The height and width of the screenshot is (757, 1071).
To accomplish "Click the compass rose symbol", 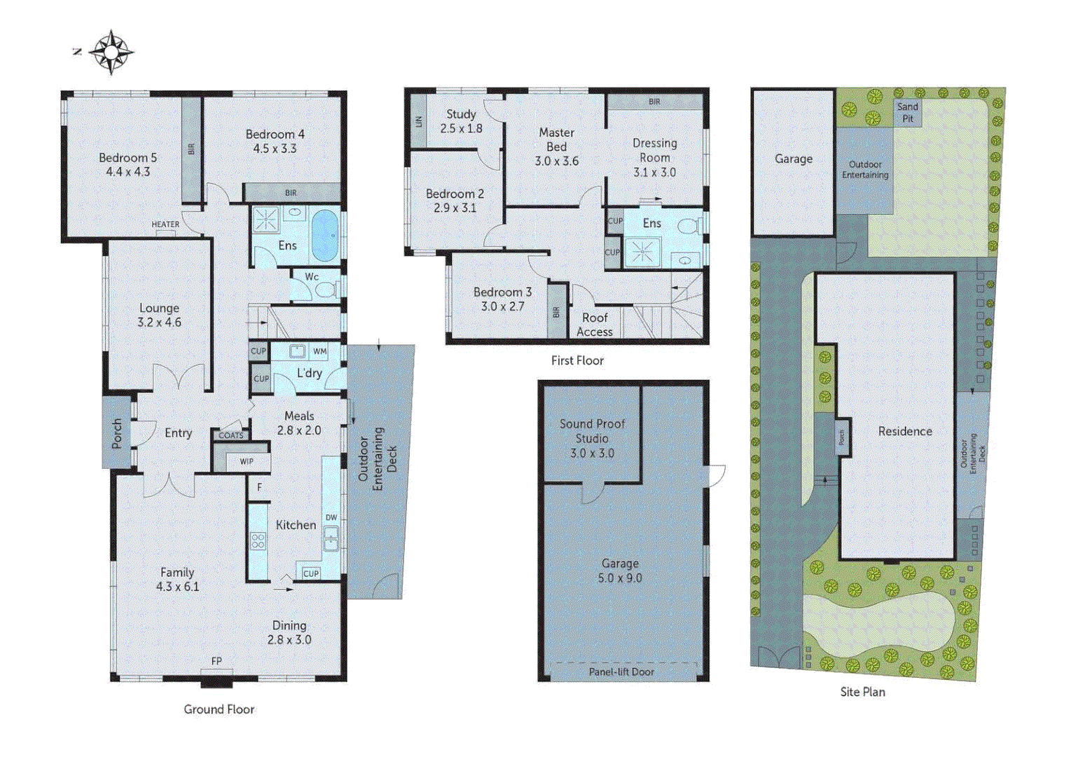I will tap(111, 52).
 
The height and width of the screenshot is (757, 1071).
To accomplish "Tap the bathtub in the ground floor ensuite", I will tap(324, 235).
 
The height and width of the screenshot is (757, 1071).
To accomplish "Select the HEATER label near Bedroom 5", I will tap(165, 224).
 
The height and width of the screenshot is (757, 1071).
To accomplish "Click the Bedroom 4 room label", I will tap(275, 141).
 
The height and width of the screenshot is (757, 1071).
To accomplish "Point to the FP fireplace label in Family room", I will tap(216, 661).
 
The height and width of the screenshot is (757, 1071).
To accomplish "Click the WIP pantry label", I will tap(247, 461).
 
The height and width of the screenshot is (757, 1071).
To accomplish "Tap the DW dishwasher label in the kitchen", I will tap(331, 517).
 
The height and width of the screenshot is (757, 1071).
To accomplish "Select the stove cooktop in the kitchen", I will tap(258, 540).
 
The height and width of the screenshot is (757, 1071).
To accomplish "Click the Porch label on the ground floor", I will tap(117, 433).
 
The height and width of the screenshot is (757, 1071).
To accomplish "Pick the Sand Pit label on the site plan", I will tap(908, 112).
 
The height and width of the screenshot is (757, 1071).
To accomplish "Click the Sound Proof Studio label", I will tap(592, 438).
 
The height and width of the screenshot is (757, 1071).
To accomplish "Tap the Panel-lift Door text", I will tap(621, 671).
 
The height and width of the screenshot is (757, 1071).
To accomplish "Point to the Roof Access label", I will tap(595, 325).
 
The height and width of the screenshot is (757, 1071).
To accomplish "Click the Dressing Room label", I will tap(654, 157).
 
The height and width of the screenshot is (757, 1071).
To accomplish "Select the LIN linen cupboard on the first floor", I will tap(419, 121).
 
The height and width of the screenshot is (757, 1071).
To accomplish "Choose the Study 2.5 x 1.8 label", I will tap(461, 121).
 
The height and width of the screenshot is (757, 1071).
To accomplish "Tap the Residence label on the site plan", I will tap(905, 431).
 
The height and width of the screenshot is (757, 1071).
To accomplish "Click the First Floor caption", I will tap(577, 360).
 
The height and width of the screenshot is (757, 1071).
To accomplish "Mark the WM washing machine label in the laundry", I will tap(319, 351).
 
